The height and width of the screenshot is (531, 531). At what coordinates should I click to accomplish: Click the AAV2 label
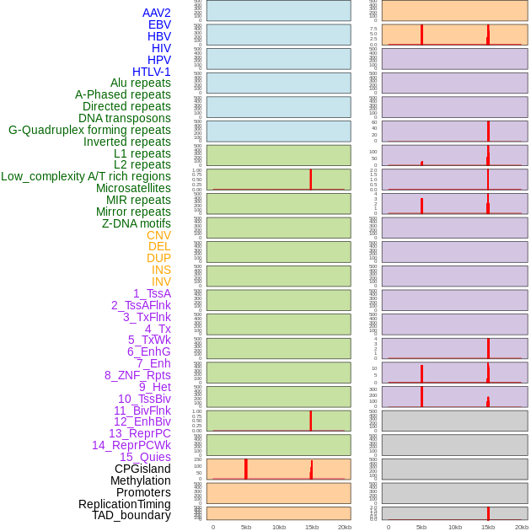pos(157,13)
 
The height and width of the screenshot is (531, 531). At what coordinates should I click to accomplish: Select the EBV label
pos(159,24)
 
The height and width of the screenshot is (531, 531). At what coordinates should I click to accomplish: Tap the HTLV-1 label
pos(152,72)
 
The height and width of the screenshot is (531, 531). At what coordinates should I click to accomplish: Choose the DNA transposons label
pos(125,118)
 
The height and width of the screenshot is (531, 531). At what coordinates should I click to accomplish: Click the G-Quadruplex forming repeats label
pos(89,130)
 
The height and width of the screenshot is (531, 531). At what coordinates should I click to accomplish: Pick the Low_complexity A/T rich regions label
pos(86,176)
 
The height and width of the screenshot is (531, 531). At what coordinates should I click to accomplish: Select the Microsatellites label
pos(133,188)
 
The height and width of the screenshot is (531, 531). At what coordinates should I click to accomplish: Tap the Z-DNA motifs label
pos(137,223)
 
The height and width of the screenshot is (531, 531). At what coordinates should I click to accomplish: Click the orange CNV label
pos(158,235)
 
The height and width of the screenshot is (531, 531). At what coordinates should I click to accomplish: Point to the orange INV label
pos(161,282)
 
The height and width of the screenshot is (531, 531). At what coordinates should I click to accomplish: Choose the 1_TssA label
pos(152,293)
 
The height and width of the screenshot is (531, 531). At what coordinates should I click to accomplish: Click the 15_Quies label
pos(145,457)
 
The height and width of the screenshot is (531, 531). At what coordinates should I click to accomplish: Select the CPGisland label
pos(142,469)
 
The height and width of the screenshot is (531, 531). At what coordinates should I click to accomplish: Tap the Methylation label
pos(141,480)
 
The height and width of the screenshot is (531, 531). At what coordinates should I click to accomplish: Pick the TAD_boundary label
pos(131,515)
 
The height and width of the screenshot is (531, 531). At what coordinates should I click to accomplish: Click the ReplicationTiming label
pos(125,504)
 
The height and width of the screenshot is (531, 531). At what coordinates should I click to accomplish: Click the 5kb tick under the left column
pos(246,527)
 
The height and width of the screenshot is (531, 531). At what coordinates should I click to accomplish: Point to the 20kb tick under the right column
pos(522,527)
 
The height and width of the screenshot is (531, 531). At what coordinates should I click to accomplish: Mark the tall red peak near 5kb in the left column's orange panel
pos(246,469)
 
